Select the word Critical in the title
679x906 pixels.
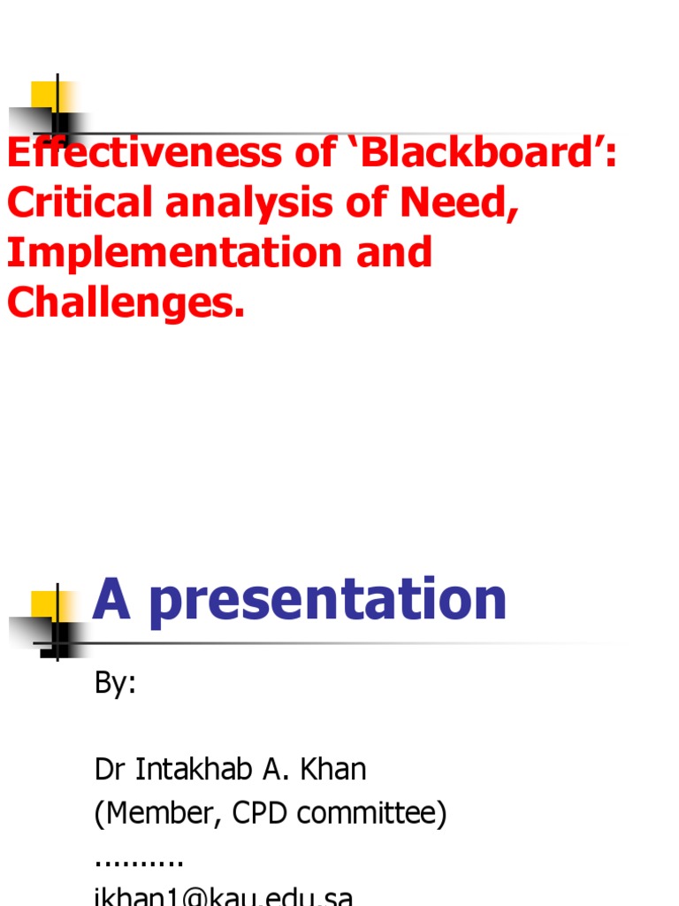click(80, 203)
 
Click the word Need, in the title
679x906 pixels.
click(457, 203)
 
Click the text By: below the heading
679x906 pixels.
click(116, 684)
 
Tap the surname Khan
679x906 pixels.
click(334, 770)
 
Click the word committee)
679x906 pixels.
click(372, 814)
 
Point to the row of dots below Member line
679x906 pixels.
click(139, 861)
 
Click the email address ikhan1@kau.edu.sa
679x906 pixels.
click(224, 896)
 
